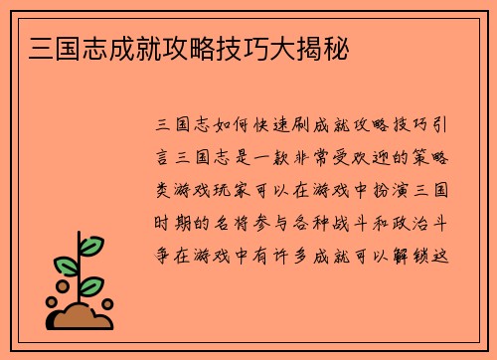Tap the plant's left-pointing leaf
point(66,268)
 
